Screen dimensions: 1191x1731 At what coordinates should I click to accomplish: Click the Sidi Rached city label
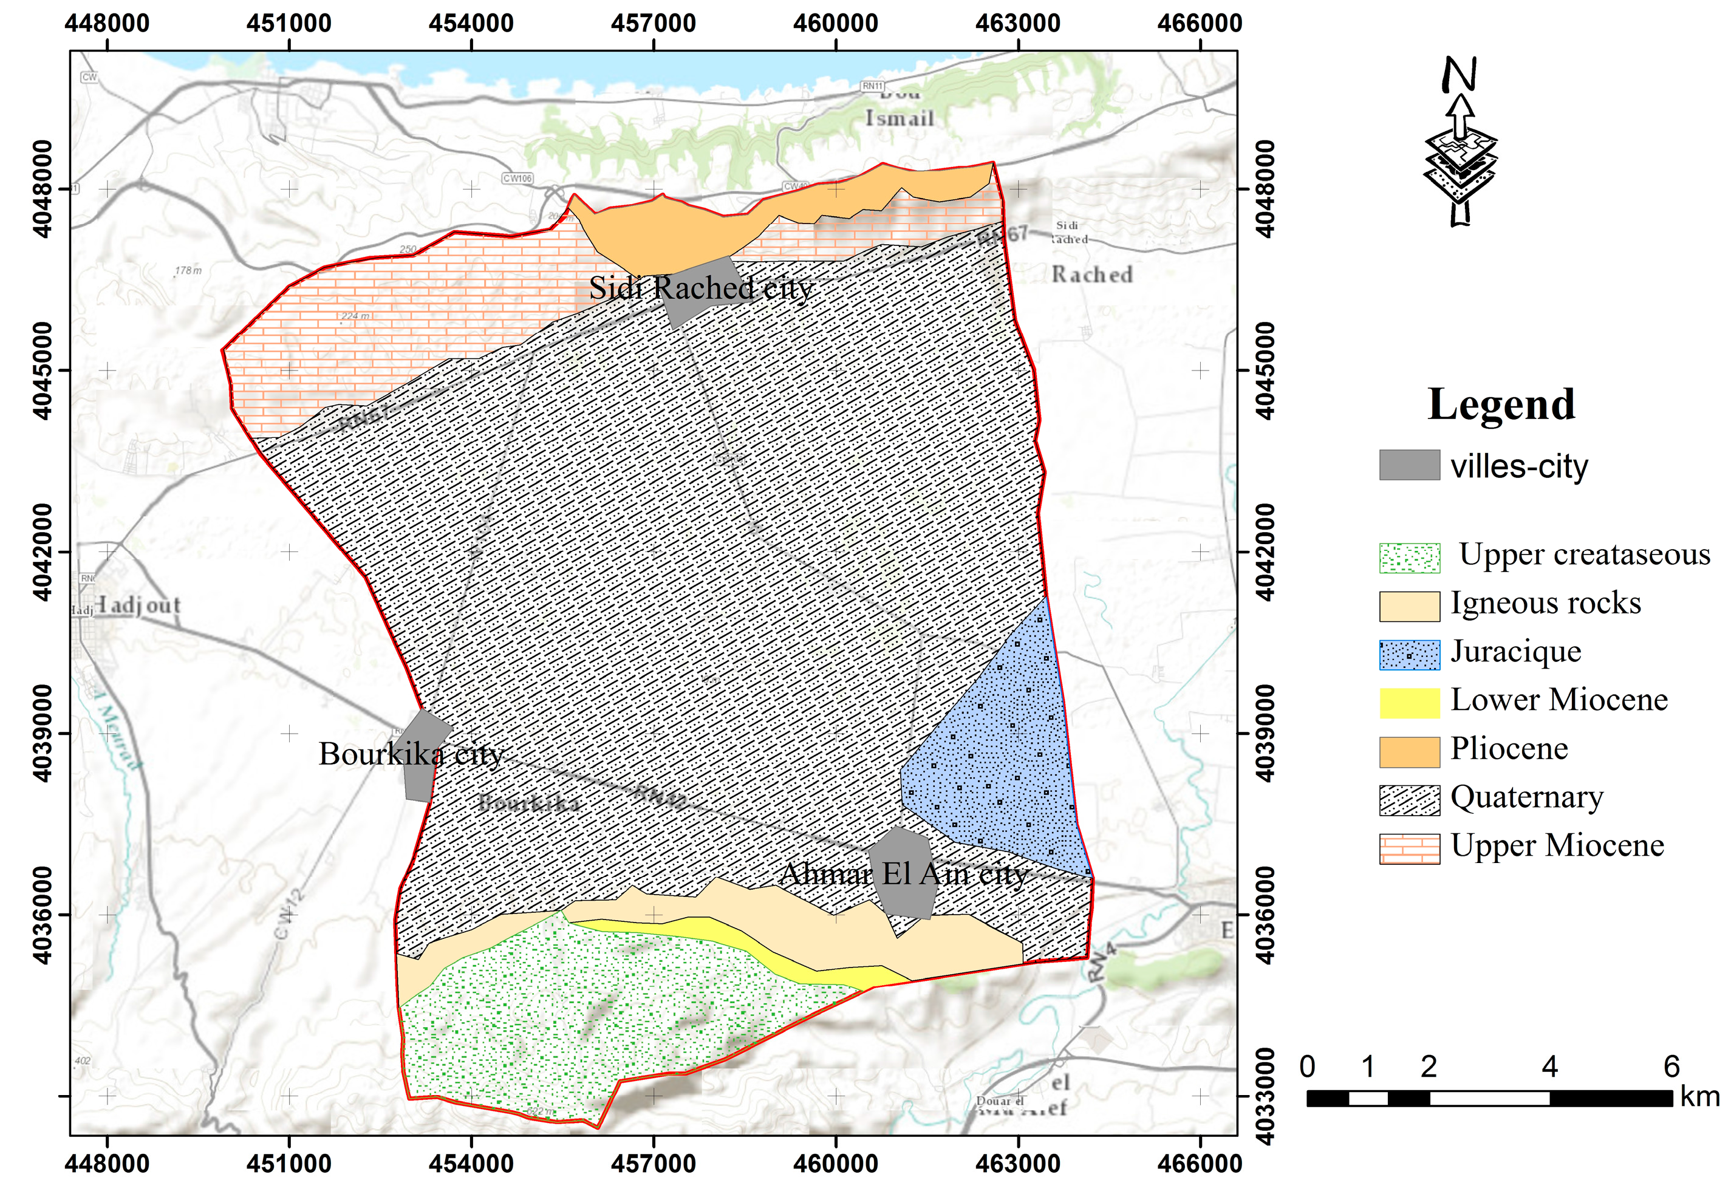[x=701, y=288]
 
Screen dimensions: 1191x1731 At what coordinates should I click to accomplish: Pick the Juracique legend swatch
[x=1408, y=655]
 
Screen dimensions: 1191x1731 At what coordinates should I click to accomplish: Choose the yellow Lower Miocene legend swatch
[x=1408, y=703]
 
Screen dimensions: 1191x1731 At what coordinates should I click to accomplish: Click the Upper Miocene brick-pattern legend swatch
[x=1408, y=848]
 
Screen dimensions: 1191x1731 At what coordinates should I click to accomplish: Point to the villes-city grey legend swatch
[x=1408, y=465]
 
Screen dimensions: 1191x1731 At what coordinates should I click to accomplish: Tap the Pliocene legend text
[x=1509, y=748]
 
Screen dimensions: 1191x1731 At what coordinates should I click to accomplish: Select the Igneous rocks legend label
[x=1545, y=603]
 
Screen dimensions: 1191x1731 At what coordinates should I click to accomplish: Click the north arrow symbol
[x=1460, y=142]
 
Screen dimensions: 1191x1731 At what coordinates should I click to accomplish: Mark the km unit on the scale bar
[x=1699, y=1097]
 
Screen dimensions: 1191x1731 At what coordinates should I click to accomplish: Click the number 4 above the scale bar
[x=1549, y=1067]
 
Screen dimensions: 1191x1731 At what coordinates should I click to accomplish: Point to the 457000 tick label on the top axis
[x=653, y=23]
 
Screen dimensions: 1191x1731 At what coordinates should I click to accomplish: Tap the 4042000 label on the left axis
[x=43, y=552]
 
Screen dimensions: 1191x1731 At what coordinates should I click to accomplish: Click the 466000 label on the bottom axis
[x=1199, y=1162]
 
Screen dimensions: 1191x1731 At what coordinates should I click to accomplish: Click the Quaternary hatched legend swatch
[x=1408, y=800]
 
